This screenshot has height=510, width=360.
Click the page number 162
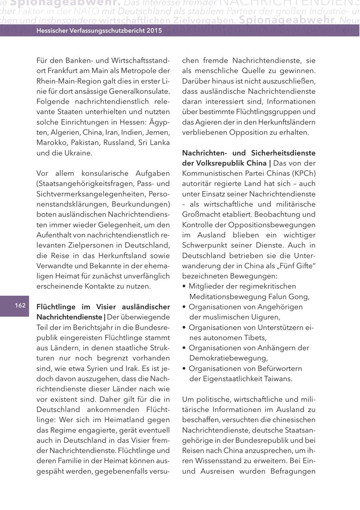(x=20, y=306)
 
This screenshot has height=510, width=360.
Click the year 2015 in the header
(x=154, y=30)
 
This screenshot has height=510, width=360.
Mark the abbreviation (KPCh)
(x=303, y=173)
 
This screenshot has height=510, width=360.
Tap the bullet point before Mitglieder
(x=184, y=286)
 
